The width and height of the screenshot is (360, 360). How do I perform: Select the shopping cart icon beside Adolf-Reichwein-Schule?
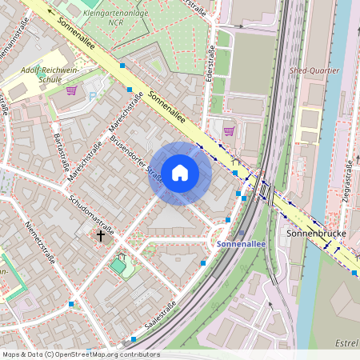(x=72, y=90)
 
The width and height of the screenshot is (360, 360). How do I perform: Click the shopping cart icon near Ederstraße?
(x=230, y=131)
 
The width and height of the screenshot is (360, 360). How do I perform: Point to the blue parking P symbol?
(x=92, y=97)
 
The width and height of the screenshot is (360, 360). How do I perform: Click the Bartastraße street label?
(x=59, y=152)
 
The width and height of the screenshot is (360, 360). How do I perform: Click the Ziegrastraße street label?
(x=349, y=181)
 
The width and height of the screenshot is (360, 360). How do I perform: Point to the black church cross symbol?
(x=101, y=236)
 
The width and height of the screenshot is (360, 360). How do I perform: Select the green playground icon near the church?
(x=119, y=263)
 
